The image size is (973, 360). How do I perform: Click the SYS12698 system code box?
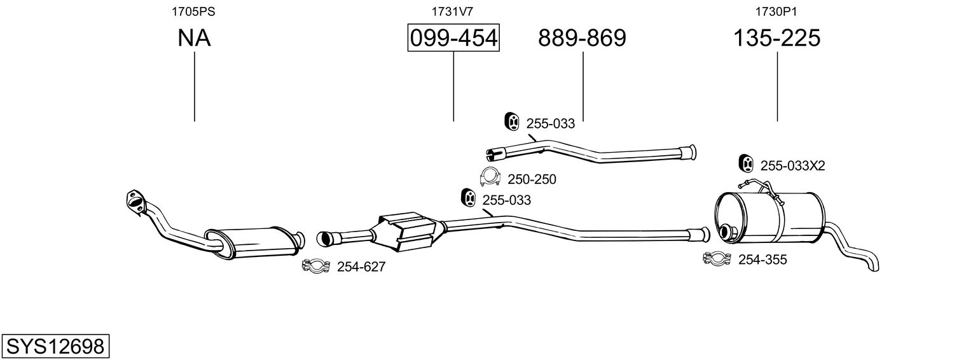click(55, 347)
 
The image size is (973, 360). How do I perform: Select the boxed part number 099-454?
click(453, 38)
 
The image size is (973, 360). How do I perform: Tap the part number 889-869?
click(582, 38)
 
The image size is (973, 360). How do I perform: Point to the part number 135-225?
click(777, 38)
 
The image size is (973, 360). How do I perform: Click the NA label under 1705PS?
click(194, 38)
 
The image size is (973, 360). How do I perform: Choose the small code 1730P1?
click(776, 11)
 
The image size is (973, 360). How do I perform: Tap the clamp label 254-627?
click(361, 267)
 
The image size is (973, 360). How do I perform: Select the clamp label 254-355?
click(763, 260)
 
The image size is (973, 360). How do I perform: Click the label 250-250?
click(532, 179)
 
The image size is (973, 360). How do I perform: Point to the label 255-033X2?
click(792, 166)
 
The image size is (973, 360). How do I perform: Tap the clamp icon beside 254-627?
click(315, 266)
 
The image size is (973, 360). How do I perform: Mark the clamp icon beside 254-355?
click(717, 258)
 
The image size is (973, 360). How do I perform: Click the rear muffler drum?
click(769, 216)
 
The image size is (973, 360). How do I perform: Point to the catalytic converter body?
click(407, 232)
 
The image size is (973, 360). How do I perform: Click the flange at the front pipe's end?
click(135, 199)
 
